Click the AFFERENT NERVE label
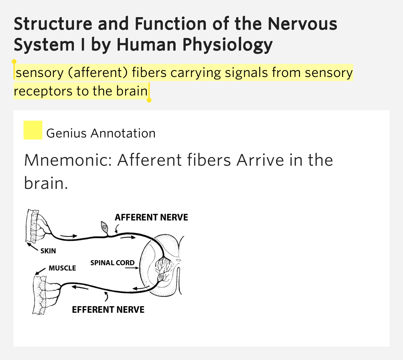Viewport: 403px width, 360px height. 151,217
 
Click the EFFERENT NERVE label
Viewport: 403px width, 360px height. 108,310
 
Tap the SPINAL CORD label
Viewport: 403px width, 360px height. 112,263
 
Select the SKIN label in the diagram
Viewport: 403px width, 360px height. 48,251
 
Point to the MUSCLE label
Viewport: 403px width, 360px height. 62,268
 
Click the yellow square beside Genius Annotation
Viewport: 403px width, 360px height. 33,130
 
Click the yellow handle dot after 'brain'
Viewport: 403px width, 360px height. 149,100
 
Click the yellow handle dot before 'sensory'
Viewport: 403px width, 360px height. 14,62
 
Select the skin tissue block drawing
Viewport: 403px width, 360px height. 33,226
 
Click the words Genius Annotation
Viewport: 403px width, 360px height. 101,133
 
